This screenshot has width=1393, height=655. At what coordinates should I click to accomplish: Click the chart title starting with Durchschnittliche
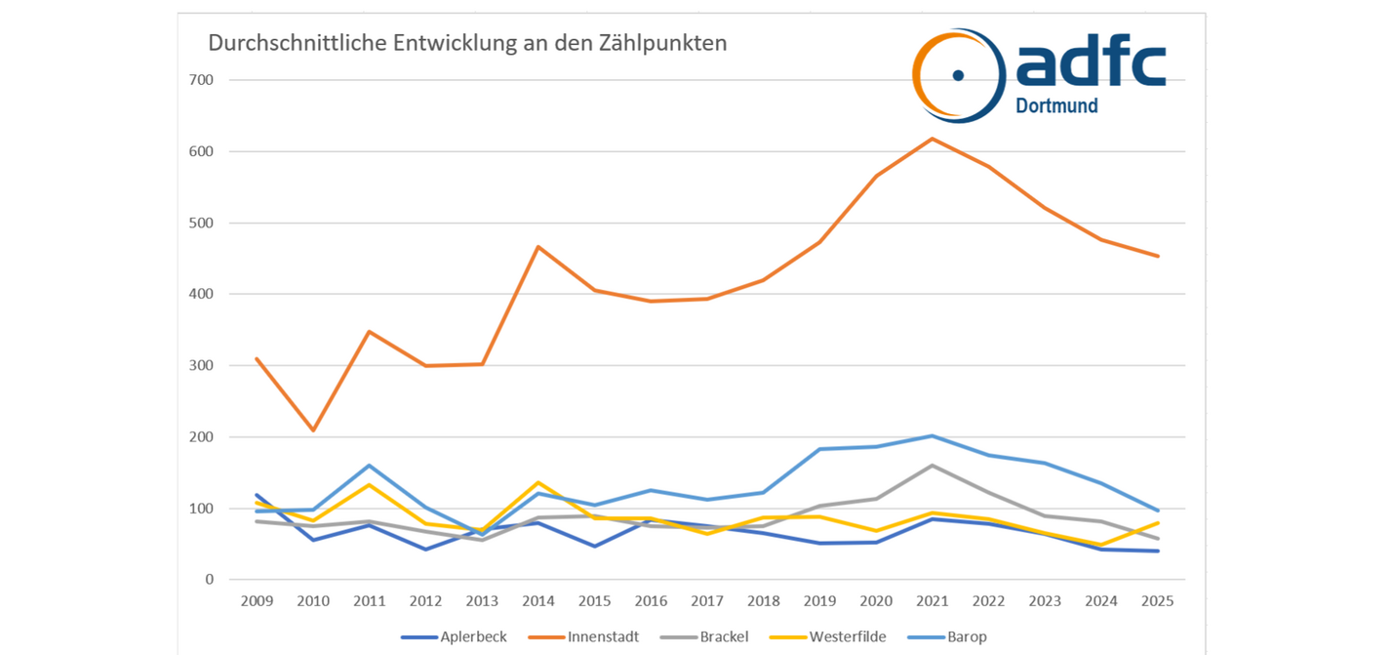467,44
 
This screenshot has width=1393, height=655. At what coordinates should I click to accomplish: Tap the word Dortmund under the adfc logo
1056,105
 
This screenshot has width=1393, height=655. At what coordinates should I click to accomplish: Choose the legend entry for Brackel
709,637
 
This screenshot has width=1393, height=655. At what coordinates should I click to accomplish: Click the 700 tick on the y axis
201,80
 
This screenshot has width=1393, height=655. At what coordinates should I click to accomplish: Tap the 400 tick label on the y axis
201,294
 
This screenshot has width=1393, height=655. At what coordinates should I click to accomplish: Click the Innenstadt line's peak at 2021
933,139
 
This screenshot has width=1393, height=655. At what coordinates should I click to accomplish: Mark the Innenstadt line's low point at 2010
313,430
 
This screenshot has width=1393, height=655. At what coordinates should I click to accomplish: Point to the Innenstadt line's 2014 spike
537,247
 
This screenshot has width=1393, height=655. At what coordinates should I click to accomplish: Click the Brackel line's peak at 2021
933,466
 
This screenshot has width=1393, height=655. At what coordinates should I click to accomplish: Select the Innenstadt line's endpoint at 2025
1158,257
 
